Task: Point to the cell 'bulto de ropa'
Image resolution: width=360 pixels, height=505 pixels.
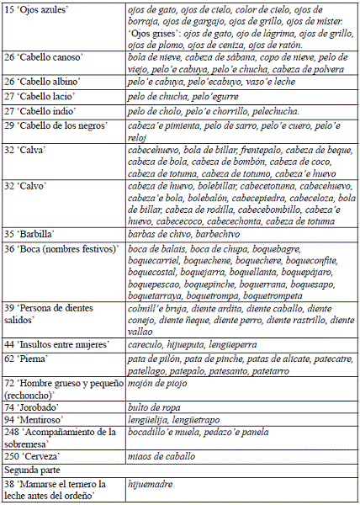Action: point(151,405)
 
